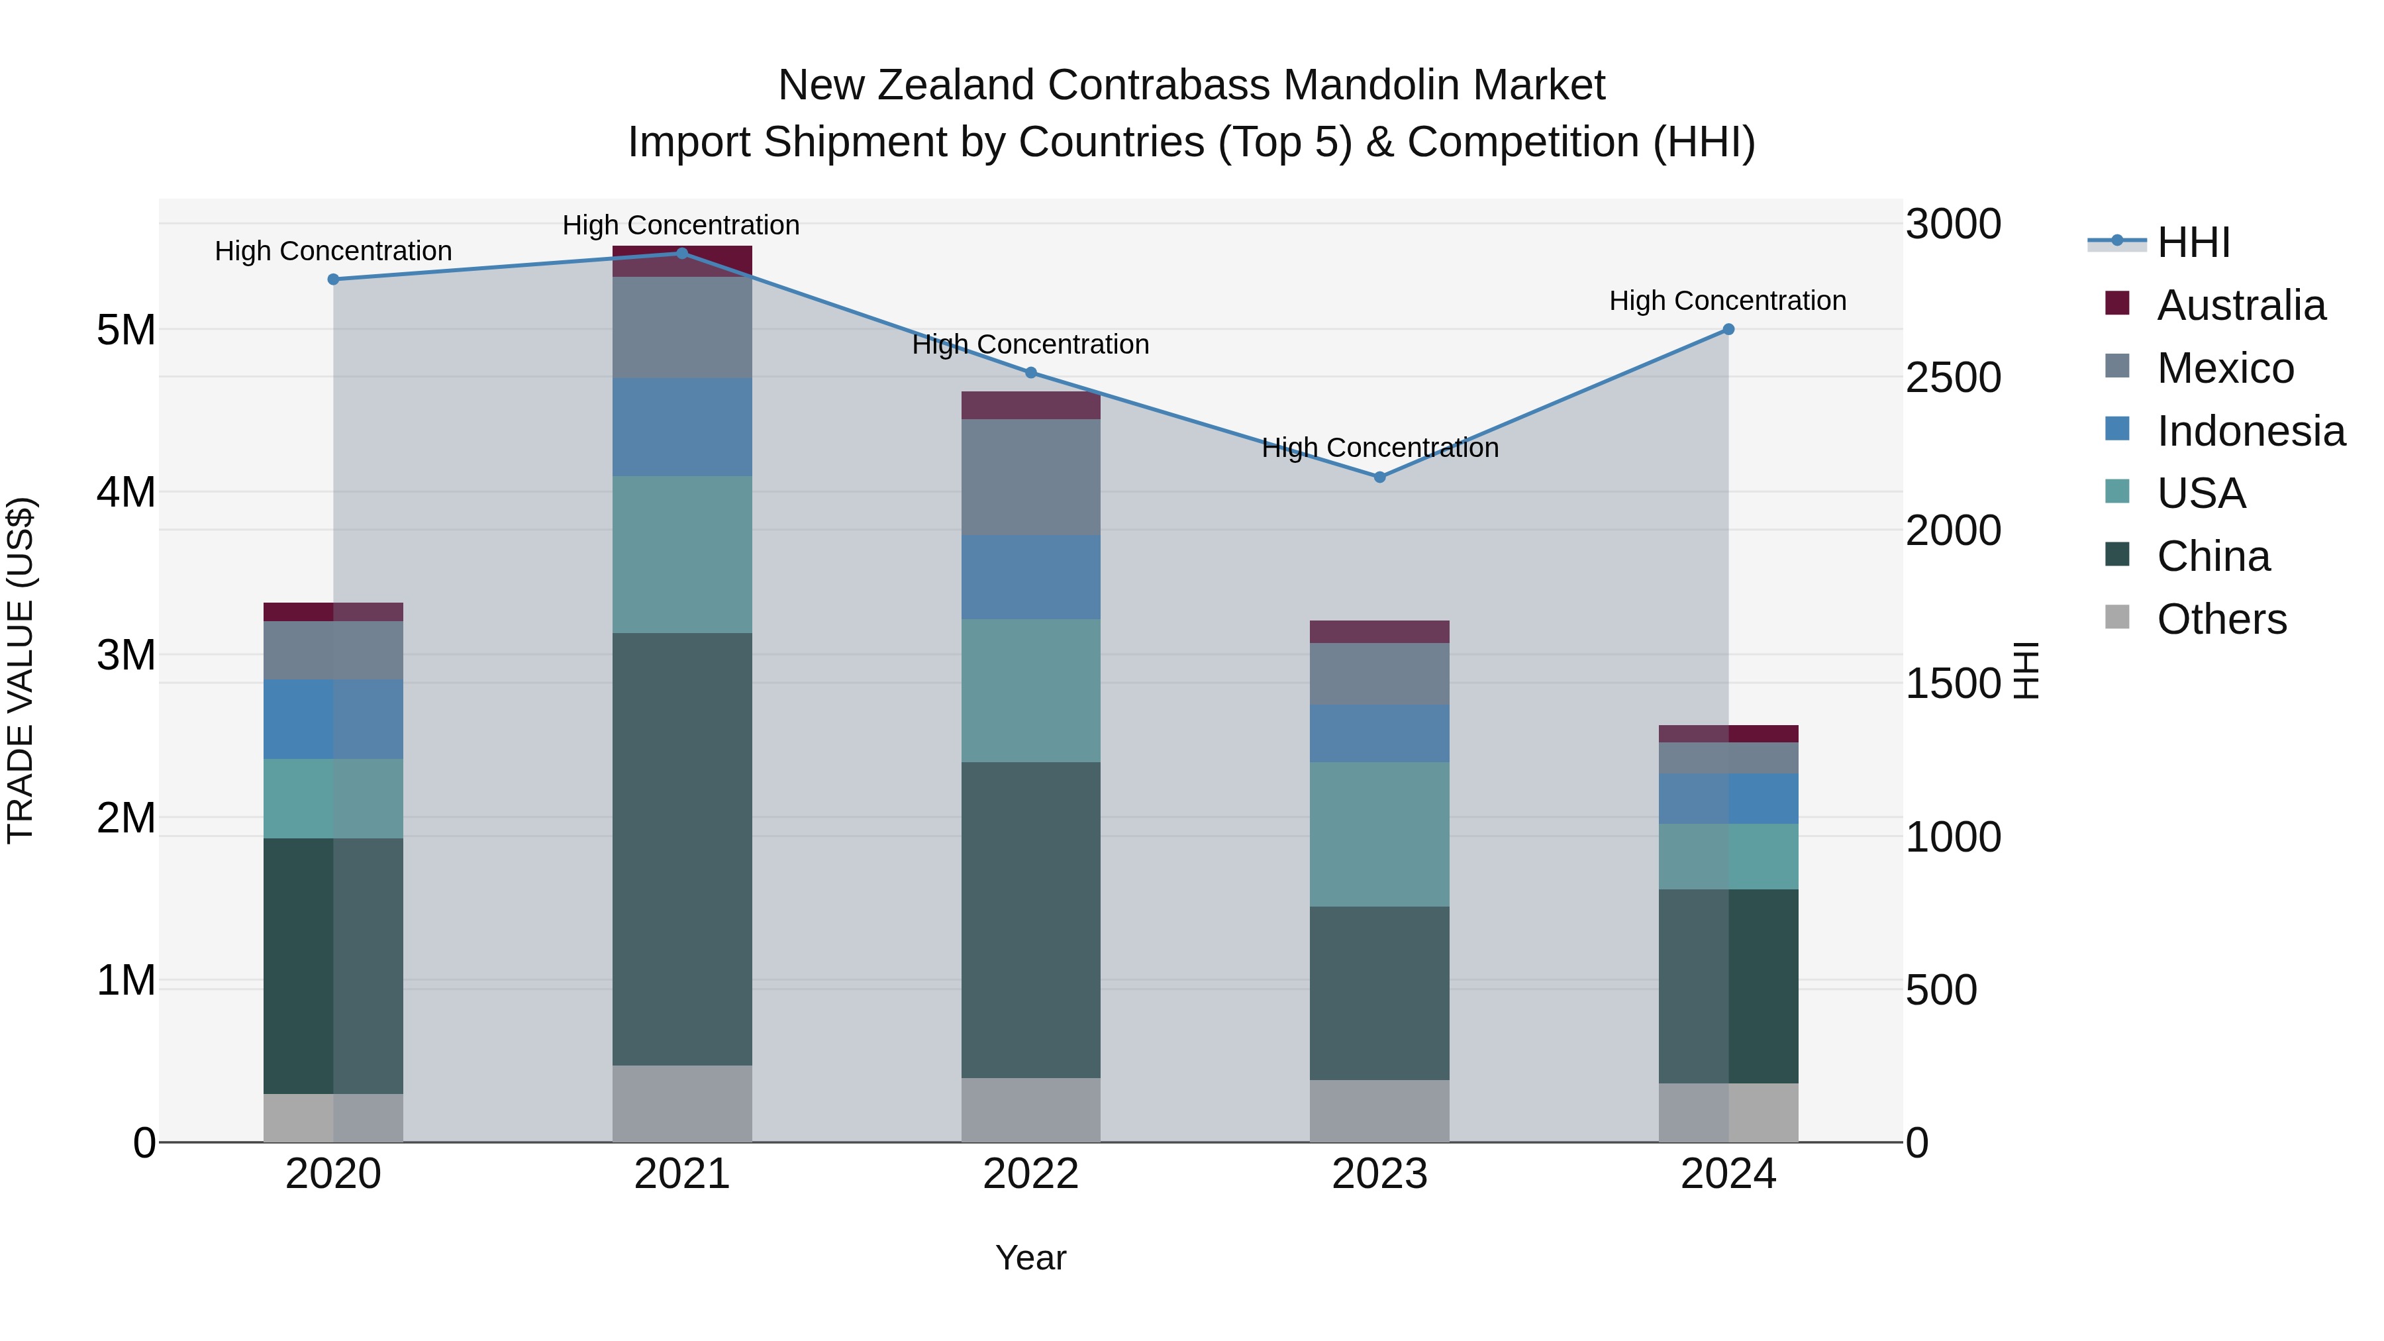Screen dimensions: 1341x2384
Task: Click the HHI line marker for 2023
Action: pyautogui.click(x=1379, y=477)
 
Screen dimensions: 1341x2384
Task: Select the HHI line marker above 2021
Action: pyautogui.click(x=682, y=254)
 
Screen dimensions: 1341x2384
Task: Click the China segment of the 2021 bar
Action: pyautogui.click(x=682, y=849)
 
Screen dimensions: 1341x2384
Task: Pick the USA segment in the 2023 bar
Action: pyautogui.click(x=1379, y=834)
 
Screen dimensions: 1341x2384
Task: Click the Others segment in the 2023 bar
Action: pyautogui.click(x=1379, y=1111)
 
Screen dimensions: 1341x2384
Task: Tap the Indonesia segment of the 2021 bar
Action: pyautogui.click(x=682, y=426)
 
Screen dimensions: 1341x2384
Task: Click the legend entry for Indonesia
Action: pyautogui.click(x=2250, y=431)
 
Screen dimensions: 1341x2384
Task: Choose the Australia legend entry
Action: pyautogui.click(x=2240, y=305)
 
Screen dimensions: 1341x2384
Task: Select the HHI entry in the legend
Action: pyautogui.click(x=2193, y=242)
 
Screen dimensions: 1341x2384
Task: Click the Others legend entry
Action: pyautogui.click(x=2220, y=619)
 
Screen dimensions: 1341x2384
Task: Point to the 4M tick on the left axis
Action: pyautogui.click(x=126, y=492)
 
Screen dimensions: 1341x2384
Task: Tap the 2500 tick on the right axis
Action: pyautogui.click(x=1953, y=377)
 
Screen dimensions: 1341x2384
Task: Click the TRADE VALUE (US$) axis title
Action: pyautogui.click(x=21, y=670)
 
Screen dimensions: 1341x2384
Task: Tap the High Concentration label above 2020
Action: pyautogui.click(x=333, y=251)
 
